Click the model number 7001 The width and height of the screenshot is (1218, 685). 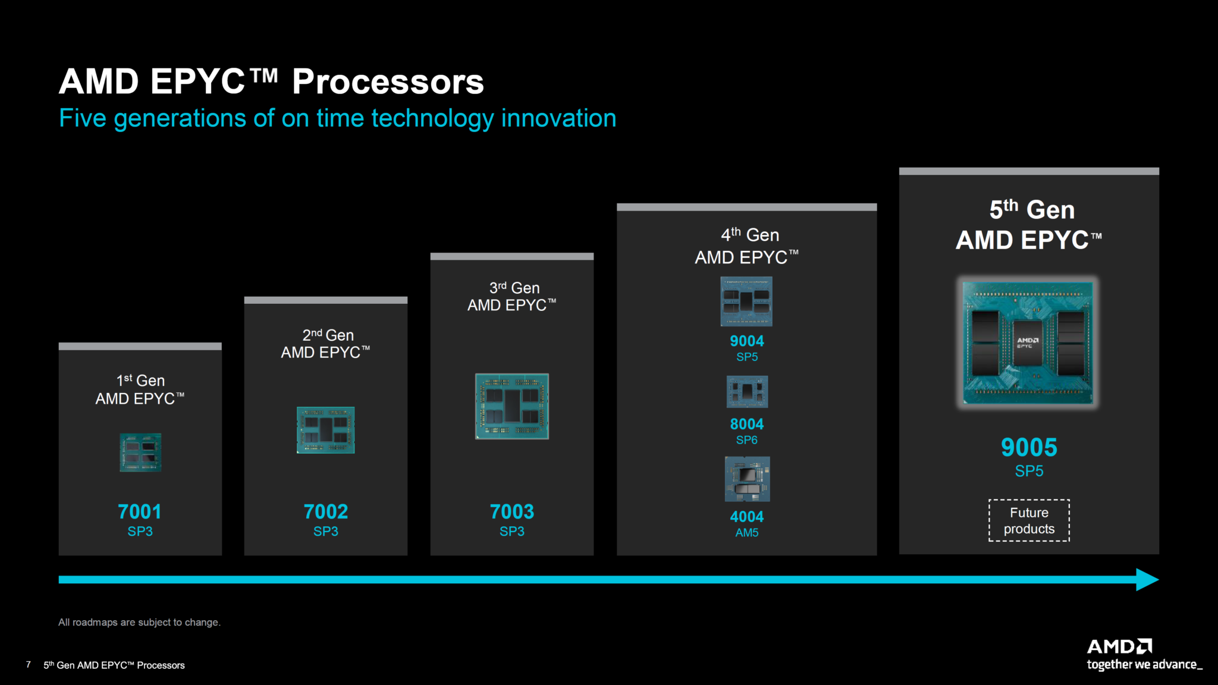point(140,511)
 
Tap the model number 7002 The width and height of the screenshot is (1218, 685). point(326,511)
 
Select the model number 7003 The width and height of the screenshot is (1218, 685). point(512,511)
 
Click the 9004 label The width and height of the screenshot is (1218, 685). point(747,341)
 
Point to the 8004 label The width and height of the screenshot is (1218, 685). point(747,424)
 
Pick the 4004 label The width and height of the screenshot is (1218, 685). point(747,517)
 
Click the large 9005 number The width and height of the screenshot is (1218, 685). point(1029,447)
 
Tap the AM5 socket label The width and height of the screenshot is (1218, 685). point(747,533)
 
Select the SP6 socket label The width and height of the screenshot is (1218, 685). point(747,440)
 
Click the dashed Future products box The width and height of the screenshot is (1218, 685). point(1029,520)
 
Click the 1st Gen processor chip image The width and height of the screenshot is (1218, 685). point(140,453)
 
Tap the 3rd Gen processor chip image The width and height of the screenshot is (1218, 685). point(512,406)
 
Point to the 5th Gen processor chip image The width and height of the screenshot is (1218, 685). point(1029,342)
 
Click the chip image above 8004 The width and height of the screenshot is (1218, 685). point(747,391)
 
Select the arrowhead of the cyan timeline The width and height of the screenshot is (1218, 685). point(1147,579)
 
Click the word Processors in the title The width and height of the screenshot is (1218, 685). point(388,81)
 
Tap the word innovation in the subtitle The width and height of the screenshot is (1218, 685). point(558,118)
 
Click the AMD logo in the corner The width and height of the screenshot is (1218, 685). point(1119,646)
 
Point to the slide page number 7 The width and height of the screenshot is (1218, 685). point(29,664)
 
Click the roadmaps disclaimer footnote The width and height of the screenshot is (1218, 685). point(139,622)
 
